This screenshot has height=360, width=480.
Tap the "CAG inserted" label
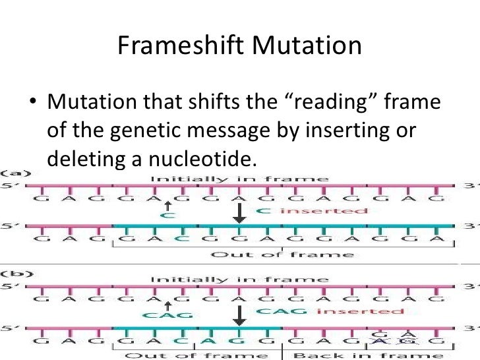tap(329, 310)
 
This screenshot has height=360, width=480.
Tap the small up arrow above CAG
tap(169, 305)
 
